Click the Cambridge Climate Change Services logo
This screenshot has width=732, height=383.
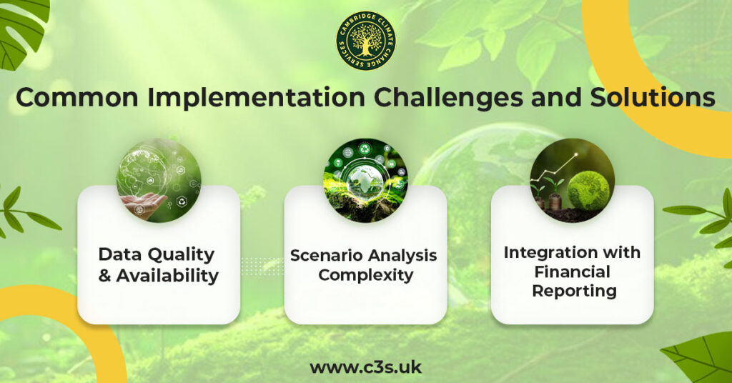coord(366,41)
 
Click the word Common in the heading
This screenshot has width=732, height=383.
coord(77,97)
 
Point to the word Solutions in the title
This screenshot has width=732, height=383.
coord(653,97)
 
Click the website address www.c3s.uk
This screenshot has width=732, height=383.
coord(365,367)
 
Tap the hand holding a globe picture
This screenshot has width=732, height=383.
coord(159,180)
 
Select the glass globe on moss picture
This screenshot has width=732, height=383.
coord(365,180)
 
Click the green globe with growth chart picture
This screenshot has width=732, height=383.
coord(573,180)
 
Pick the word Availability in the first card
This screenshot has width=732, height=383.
coord(167,276)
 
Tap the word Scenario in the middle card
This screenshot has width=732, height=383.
coord(324,255)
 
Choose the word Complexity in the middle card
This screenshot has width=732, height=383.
coord(365,275)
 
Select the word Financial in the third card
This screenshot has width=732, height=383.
coord(573,272)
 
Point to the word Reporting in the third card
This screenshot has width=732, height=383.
coord(574,291)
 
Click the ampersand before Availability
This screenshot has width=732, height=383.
coord(104,275)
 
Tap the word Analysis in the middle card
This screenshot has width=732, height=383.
coord(400,256)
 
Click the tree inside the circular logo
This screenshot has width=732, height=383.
coord(366,39)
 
